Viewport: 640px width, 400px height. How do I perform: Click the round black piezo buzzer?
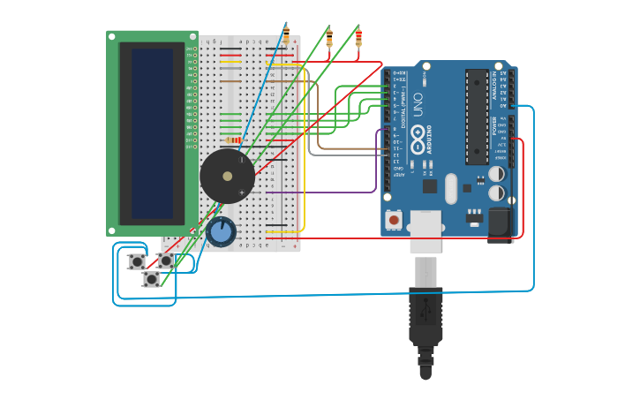[227, 177]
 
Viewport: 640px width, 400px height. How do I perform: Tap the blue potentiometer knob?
[222, 232]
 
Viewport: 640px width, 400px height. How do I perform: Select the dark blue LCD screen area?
[152, 133]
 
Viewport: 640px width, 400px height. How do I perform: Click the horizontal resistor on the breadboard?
[234, 140]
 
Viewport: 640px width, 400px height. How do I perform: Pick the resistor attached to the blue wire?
[286, 34]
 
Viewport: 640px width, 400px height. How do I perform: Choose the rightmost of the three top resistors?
[358, 37]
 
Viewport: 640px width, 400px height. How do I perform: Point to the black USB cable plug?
[425, 318]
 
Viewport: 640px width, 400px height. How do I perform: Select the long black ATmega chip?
[477, 116]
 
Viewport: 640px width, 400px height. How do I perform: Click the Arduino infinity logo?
[418, 133]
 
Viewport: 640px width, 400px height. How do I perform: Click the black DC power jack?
[501, 224]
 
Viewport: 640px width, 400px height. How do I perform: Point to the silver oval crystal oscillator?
[451, 188]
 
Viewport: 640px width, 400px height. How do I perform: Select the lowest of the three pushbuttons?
[152, 279]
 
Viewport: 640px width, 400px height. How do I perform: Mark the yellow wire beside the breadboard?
[304, 150]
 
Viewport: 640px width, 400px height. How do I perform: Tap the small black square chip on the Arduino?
[430, 185]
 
